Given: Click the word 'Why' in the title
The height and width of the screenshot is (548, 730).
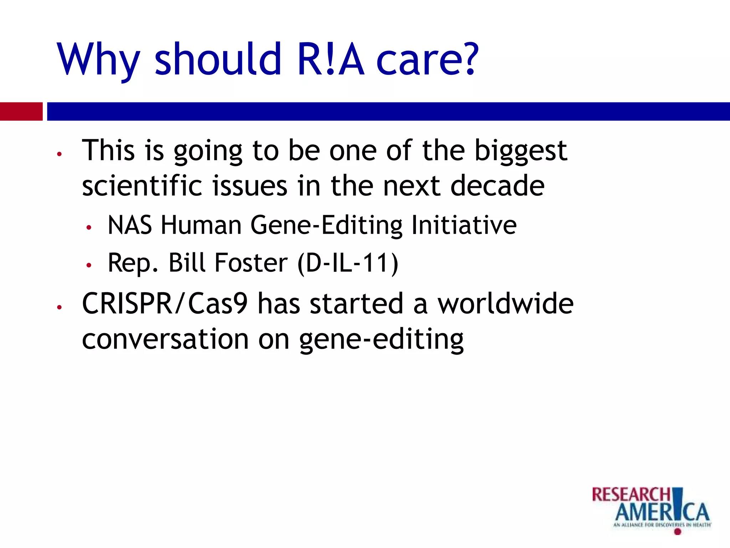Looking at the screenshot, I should pyautogui.click(x=98, y=60).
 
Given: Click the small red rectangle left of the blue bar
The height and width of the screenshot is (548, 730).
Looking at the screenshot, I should pyautogui.click(x=21, y=111).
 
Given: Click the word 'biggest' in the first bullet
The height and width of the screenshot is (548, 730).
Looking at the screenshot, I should pyautogui.click(x=521, y=151).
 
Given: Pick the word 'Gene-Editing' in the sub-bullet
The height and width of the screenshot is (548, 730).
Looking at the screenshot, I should pyautogui.click(x=326, y=225).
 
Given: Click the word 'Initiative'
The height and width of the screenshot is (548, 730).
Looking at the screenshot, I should pyautogui.click(x=464, y=225).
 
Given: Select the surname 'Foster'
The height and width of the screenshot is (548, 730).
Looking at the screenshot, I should pyautogui.click(x=251, y=263).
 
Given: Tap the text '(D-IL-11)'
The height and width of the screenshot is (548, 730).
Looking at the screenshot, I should pyautogui.click(x=348, y=263).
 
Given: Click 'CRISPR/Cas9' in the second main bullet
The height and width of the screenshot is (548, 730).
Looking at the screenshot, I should pyautogui.click(x=164, y=304).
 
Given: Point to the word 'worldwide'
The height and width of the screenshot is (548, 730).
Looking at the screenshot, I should pyautogui.click(x=505, y=304).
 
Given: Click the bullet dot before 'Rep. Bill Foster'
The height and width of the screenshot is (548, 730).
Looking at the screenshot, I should pyautogui.click(x=89, y=265).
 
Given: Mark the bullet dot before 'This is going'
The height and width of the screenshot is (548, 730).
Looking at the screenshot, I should pyautogui.click(x=60, y=154).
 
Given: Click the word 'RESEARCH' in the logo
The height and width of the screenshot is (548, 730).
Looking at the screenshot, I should pyautogui.click(x=631, y=495).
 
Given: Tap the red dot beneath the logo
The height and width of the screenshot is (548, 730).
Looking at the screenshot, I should pyautogui.click(x=678, y=532).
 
